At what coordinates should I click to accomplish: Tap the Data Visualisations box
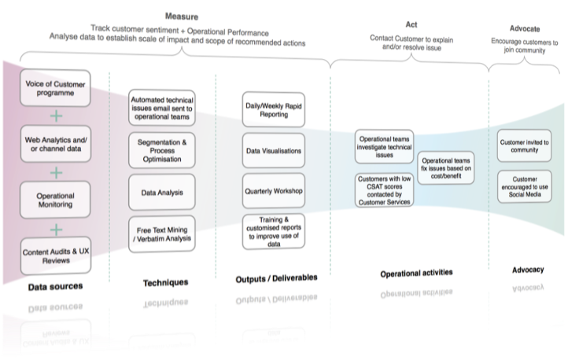(x=273, y=150)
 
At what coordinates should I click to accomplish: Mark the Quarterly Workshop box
(x=273, y=190)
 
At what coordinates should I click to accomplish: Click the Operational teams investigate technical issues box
(x=384, y=147)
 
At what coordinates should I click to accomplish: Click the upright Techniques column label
(x=166, y=282)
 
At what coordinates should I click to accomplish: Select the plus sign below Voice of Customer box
(x=55, y=116)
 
